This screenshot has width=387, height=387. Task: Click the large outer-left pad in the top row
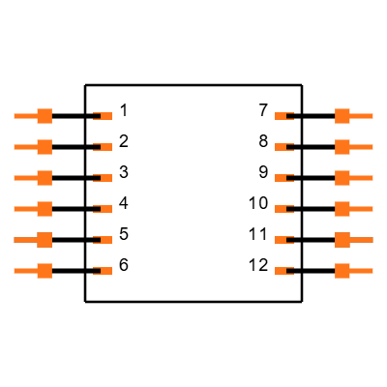pyautogui.click(x=44, y=116)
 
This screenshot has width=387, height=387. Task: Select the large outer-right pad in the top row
pyautogui.click(x=342, y=116)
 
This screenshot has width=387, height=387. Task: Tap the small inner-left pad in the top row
pyautogui.click(x=105, y=116)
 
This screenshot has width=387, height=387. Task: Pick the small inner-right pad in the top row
pyautogui.click(x=281, y=116)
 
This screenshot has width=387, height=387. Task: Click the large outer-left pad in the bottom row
pyautogui.click(x=44, y=271)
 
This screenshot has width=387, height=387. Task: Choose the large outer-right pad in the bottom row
pyautogui.click(x=342, y=271)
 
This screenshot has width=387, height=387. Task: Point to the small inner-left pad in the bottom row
pyautogui.click(x=105, y=271)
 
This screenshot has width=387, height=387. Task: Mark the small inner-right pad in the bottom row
pyautogui.click(x=281, y=271)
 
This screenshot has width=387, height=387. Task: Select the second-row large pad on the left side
pyautogui.click(x=44, y=147)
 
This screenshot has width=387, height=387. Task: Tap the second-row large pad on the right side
pyautogui.click(x=342, y=147)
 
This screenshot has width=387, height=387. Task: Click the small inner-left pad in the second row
pyautogui.click(x=105, y=147)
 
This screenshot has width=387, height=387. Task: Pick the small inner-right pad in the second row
pyautogui.click(x=281, y=147)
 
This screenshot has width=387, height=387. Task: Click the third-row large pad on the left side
pyautogui.click(x=44, y=178)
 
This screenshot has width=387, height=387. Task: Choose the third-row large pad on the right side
pyautogui.click(x=342, y=178)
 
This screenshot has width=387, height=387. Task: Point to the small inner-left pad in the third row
pyautogui.click(x=105, y=178)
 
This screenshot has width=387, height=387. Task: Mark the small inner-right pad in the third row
pyautogui.click(x=281, y=178)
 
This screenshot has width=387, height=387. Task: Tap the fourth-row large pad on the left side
pyautogui.click(x=44, y=209)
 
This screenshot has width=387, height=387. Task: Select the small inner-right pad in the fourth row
pyautogui.click(x=281, y=209)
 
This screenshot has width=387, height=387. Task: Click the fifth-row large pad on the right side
pyautogui.click(x=342, y=240)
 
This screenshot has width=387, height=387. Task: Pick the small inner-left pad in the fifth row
pyautogui.click(x=105, y=240)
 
